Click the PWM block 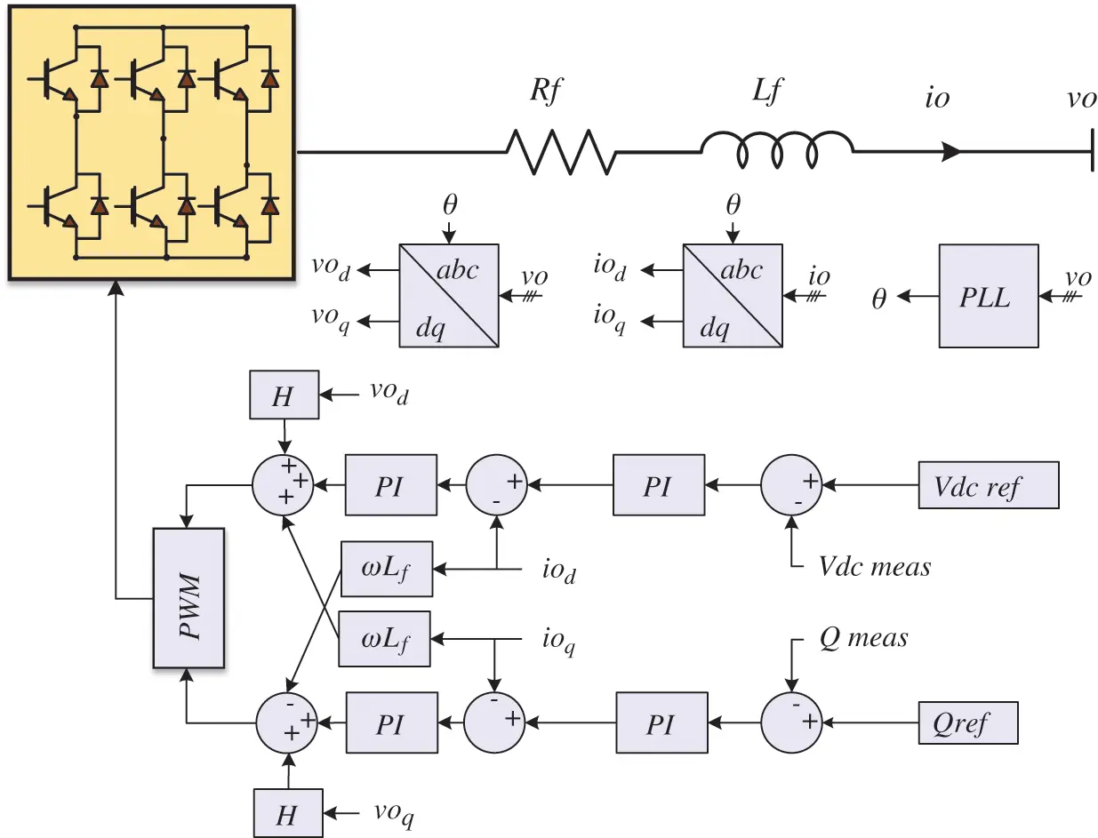(188, 597)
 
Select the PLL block (988, 297)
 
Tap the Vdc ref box (988, 485)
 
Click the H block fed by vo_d (284, 395)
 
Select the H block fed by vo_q (286, 812)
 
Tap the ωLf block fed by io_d (387, 569)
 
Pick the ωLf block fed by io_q (384, 639)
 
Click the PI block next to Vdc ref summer (658, 485)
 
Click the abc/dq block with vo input (449, 297)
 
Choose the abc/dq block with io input (732, 297)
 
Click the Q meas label (863, 637)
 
